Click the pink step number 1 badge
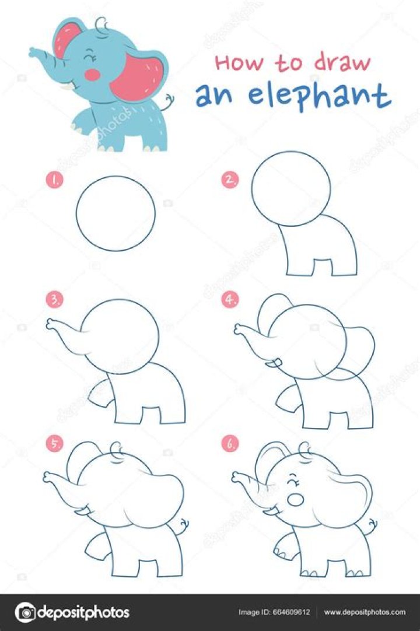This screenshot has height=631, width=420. pos(54,181)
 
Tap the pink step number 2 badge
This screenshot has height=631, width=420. pos(230,181)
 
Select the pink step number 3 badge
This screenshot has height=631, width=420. pos(54,300)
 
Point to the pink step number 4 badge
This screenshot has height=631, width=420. pos(230,300)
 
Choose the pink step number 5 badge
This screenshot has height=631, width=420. pos(54,444)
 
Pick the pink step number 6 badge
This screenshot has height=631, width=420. pos(230,444)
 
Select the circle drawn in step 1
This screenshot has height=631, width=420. pos(116,213)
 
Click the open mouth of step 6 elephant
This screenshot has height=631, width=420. pos(296,500)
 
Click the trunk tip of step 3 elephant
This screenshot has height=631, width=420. pos(51,322)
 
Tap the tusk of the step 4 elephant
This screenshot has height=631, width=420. pos(270,365)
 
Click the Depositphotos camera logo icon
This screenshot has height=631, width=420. pos(25,612)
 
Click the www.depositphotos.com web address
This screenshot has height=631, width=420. pos(364,612)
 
